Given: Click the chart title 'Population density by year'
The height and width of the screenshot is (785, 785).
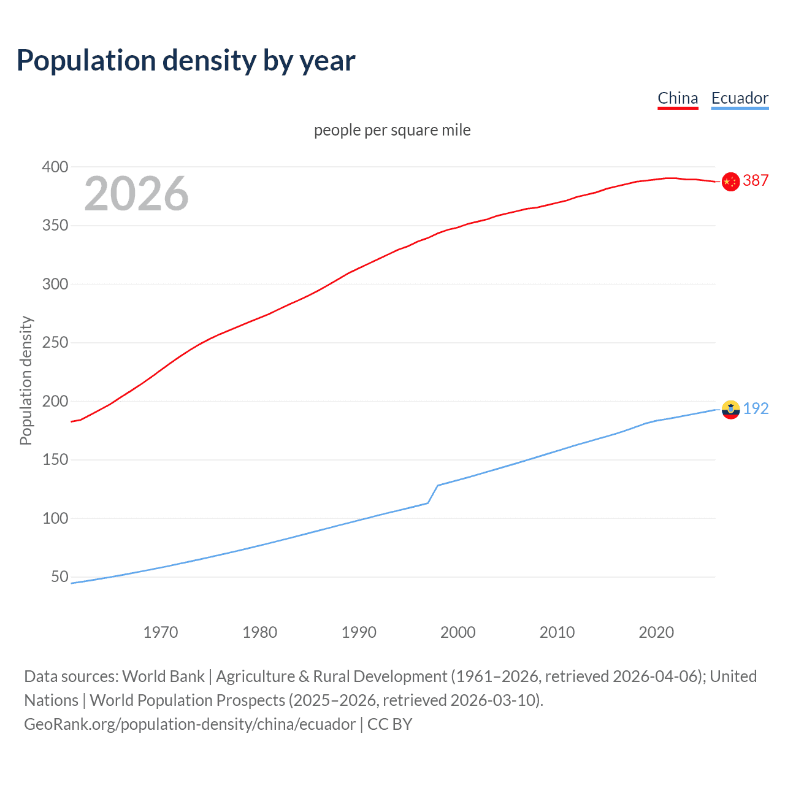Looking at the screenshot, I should coord(186,61).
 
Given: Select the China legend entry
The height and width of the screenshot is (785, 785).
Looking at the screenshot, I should coord(678,98).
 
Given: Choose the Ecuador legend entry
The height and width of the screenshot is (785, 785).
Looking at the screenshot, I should coord(740,98).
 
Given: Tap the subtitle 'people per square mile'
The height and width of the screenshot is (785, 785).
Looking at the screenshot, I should coord(392,130).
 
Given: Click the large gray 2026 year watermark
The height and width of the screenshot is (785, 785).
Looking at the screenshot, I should coord(136,194).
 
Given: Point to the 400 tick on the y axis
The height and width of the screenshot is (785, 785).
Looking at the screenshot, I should coord(55,167).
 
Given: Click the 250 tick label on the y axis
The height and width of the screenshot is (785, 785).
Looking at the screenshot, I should coord(55,342).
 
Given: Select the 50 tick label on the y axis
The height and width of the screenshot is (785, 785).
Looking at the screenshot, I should coord(59,576).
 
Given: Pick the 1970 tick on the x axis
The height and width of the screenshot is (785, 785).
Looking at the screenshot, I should coord(161,632).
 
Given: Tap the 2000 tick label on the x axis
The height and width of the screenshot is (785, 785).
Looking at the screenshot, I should coord(458,632).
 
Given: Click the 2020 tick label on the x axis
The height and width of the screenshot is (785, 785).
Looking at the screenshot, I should coord(656,632).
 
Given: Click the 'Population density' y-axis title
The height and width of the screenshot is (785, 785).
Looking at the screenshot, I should coord(26,380).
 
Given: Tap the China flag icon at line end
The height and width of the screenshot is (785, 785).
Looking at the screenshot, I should coord(730,182).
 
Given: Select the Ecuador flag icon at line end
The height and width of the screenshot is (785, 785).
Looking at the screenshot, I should coord(730,409).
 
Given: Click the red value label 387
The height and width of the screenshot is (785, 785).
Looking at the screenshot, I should coord(756,180).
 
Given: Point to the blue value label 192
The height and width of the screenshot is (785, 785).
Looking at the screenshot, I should coord(756,408).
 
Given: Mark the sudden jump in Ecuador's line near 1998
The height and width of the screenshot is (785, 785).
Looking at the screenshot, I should coord(433,494).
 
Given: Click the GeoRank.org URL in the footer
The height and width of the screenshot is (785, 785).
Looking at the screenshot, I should coord(190,724).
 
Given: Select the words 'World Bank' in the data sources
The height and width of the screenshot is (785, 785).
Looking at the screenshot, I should coord(163,676).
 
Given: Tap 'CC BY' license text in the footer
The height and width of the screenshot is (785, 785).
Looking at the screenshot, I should coord(389,724).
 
